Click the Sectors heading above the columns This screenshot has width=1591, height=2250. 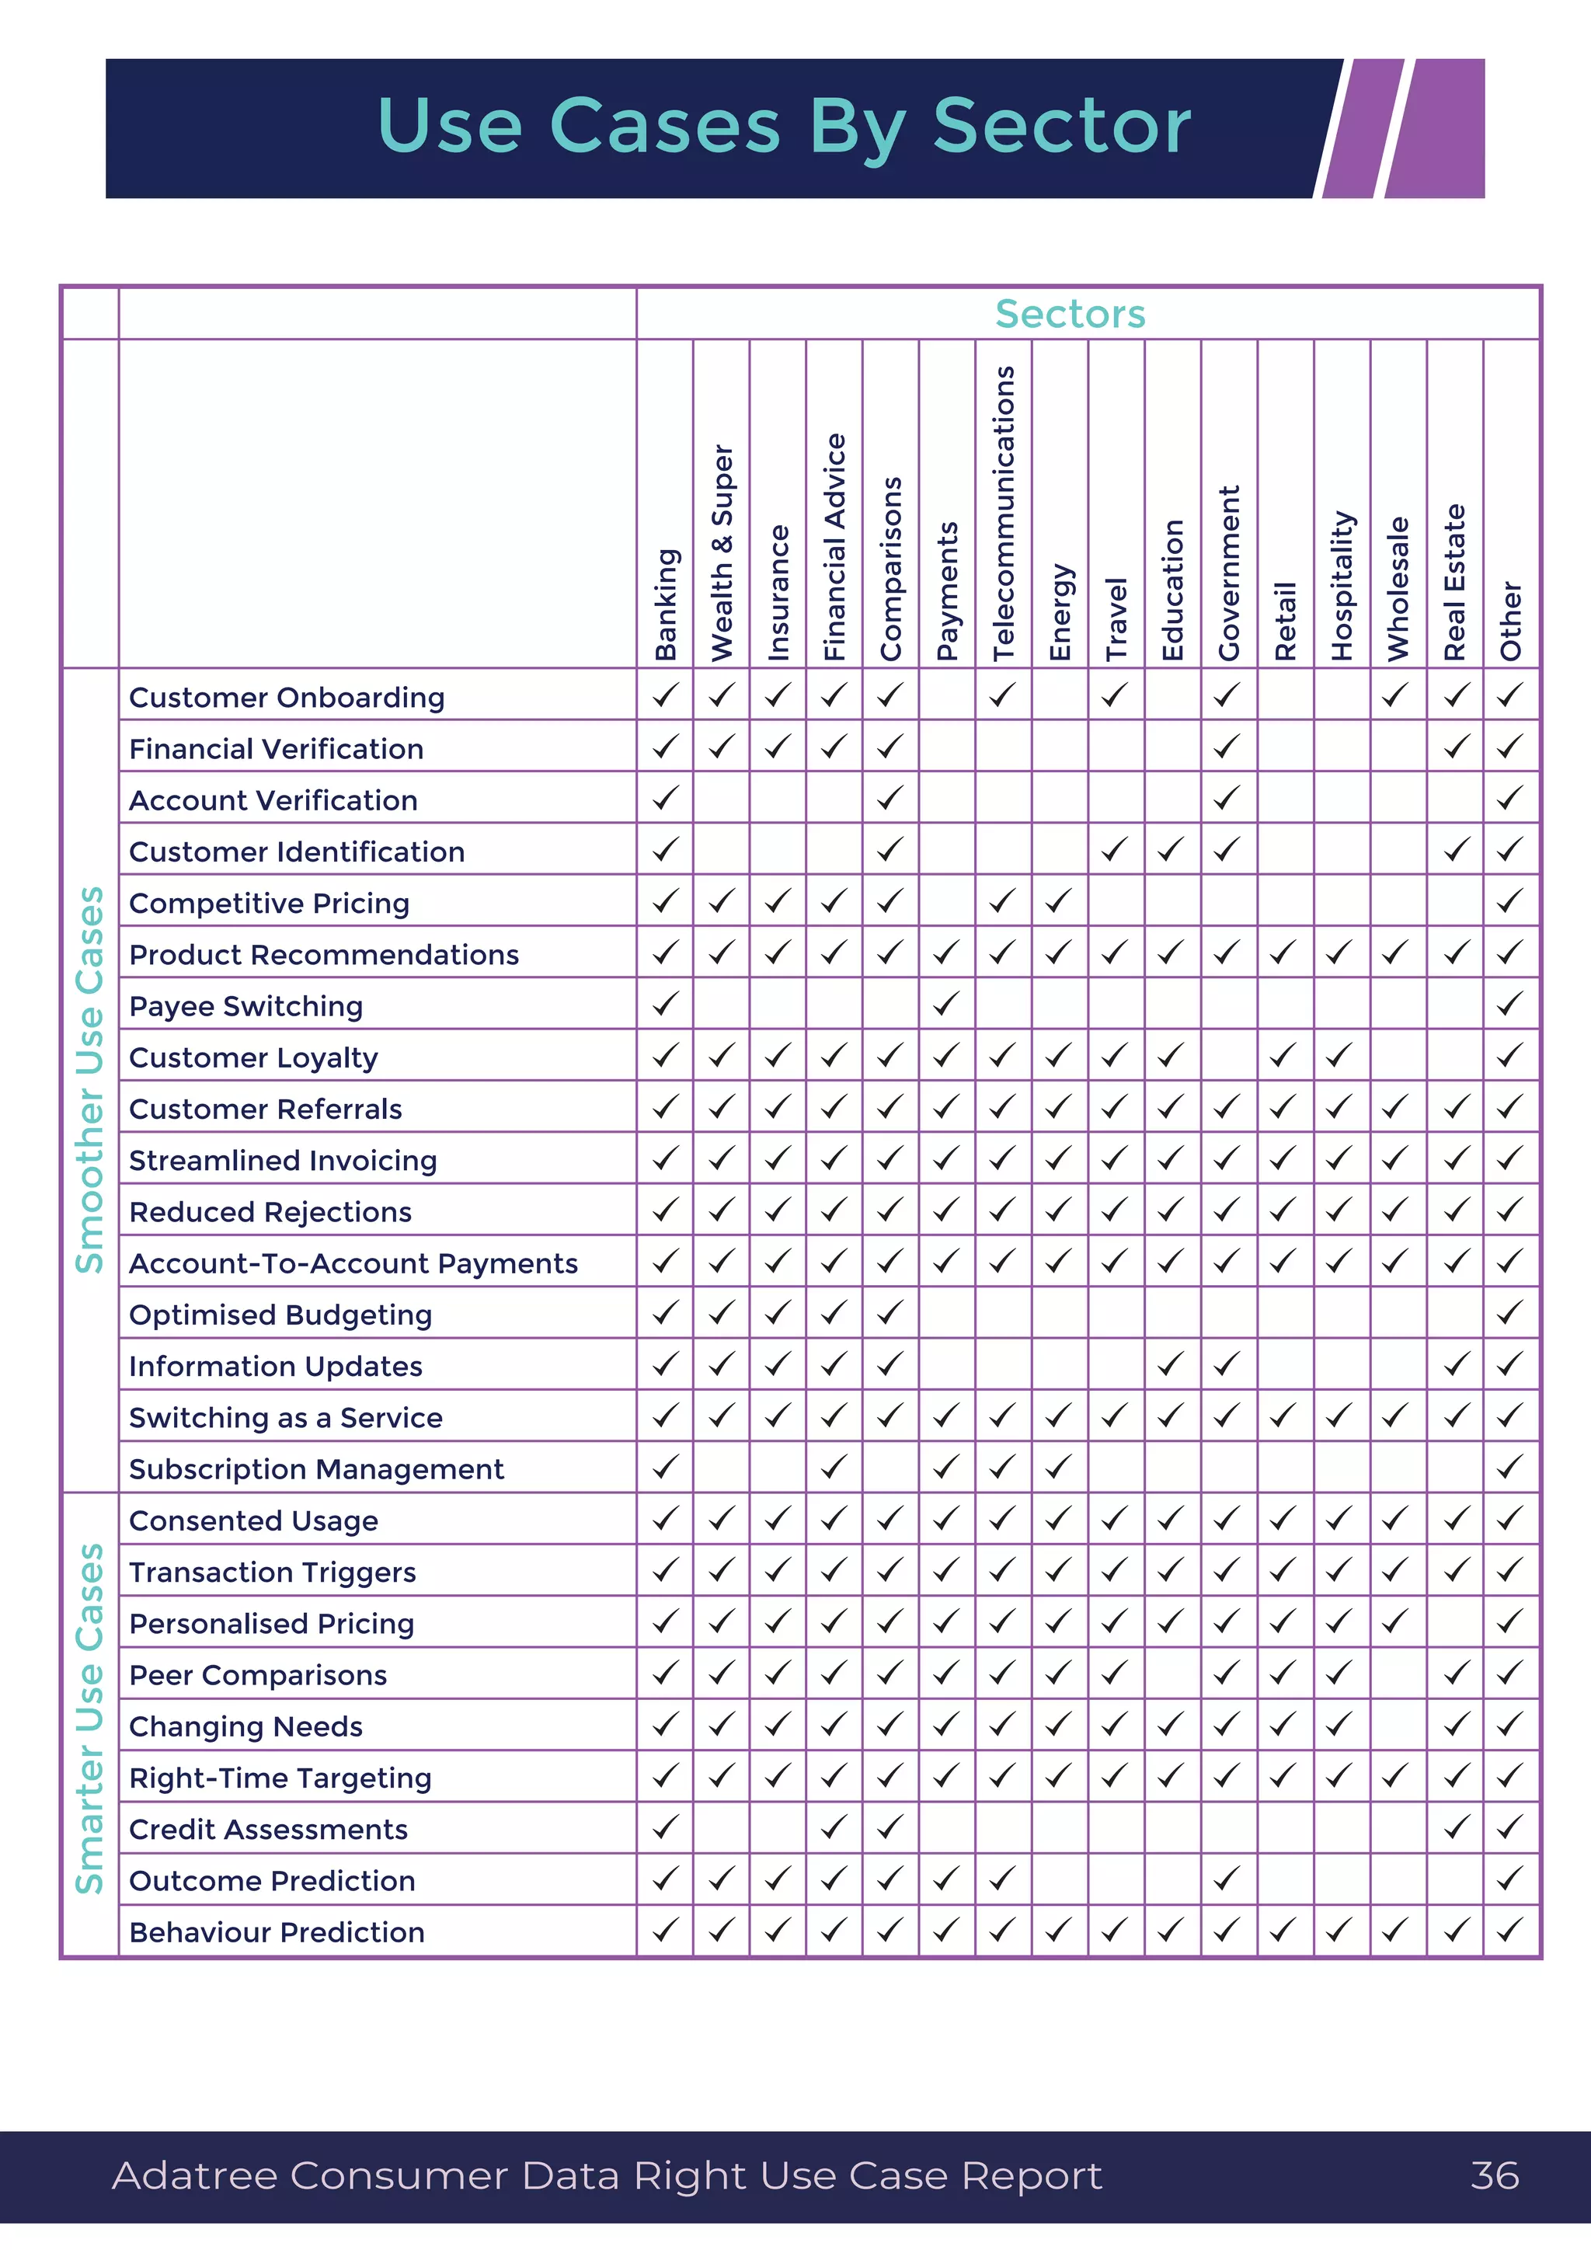[1070, 314]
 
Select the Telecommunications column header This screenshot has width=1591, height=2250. [1003, 513]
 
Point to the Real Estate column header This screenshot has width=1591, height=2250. [1455, 582]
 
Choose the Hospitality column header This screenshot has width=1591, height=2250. [1341, 585]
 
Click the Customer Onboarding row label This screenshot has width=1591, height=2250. [286, 698]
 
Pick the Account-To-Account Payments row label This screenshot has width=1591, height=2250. [353, 1263]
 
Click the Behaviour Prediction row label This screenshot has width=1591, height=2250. [277, 1932]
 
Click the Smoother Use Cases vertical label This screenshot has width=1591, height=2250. [90, 1080]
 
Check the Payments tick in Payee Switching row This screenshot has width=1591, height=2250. [945, 1004]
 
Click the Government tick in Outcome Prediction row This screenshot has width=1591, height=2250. [1227, 1879]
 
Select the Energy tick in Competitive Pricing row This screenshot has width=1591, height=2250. [1058, 900]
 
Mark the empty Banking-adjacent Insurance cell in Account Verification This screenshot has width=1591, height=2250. [778, 798]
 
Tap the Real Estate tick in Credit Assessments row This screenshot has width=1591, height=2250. [1456, 1827]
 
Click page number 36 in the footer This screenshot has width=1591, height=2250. [1494, 2175]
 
